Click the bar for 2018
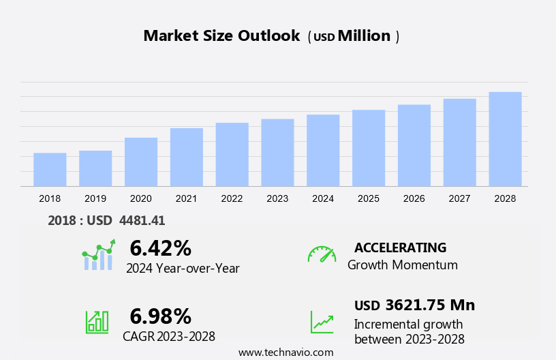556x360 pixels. click(x=50, y=170)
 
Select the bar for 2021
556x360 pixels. click(x=186, y=157)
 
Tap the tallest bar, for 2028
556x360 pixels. click(x=505, y=139)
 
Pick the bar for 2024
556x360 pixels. click(x=323, y=151)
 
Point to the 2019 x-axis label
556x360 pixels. click(x=95, y=198)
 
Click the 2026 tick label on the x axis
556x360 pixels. click(x=414, y=198)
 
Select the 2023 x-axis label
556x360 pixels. click(x=277, y=198)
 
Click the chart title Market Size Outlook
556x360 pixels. click(x=221, y=36)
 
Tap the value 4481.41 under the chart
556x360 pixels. click(x=142, y=220)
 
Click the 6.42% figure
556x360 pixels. click(x=160, y=247)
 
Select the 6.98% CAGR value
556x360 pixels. click(x=160, y=316)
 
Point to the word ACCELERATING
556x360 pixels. click(x=400, y=247)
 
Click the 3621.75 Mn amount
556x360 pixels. click(x=429, y=305)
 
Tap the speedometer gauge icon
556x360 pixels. click(x=322, y=254)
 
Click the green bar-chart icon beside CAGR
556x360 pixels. click(x=97, y=321)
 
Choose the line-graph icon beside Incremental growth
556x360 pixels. click(x=322, y=322)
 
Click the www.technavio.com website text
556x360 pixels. click(x=286, y=352)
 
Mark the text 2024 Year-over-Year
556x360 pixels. click(x=183, y=269)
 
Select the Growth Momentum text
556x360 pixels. click(x=402, y=265)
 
